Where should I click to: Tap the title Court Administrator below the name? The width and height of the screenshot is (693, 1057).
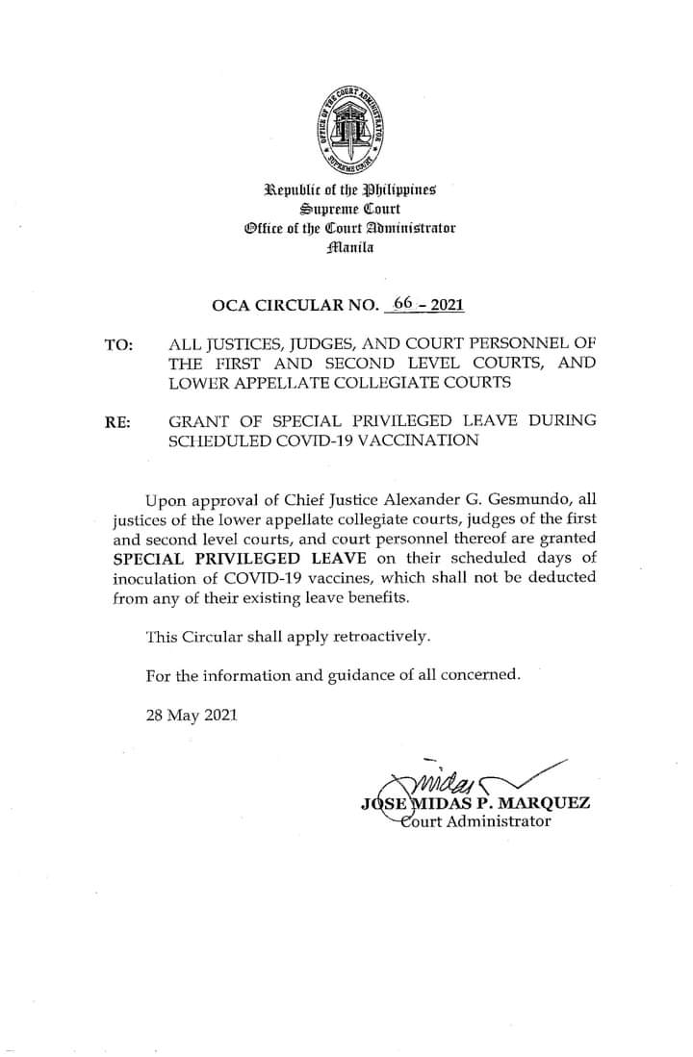472,821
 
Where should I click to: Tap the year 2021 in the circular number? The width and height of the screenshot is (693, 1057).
448,306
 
